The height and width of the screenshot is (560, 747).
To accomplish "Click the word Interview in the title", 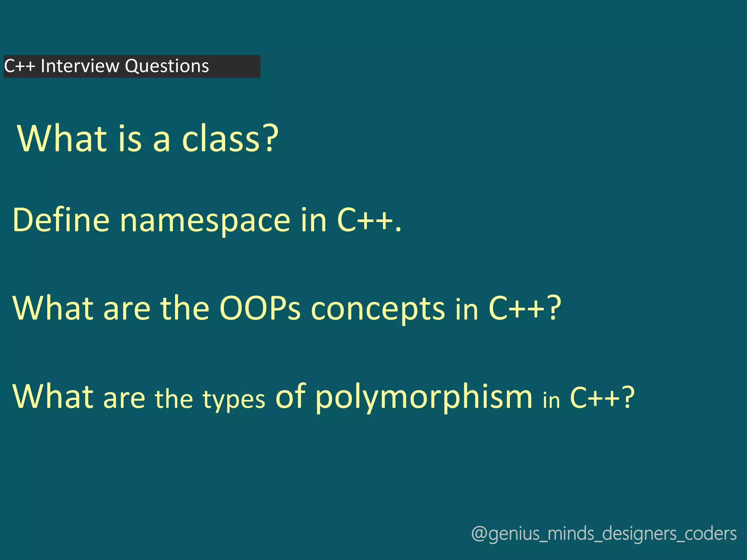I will (x=80, y=66).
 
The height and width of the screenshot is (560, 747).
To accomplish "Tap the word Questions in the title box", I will (x=167, y=66).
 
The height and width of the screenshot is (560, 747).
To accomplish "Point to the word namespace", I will (x=205, y=221).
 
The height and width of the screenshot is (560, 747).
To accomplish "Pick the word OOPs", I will (x=260, y=308).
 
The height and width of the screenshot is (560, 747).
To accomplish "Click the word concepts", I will (x=378, y=310).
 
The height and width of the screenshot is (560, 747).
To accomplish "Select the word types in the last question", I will (x=234, y=400).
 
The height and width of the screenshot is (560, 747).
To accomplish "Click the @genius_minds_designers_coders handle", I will (x=604, y=534).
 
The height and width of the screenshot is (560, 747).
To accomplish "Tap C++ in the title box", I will (x=19, y=66).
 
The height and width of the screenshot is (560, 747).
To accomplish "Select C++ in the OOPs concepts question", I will (x=516, y=308).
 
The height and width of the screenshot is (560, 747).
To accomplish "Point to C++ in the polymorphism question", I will (x=595, y=397).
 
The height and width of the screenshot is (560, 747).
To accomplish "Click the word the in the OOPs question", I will (x=185, y=308).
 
